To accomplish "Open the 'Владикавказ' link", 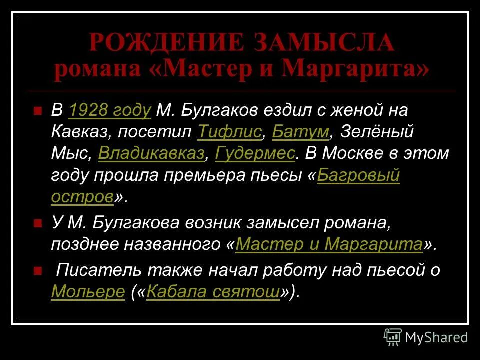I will tap(151, 154).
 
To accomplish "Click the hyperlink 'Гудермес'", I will tap(255, 154).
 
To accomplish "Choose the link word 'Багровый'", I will tap(358, 176).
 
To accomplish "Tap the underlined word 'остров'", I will tap(82, 197).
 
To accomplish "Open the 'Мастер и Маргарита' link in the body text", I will tap(329, 245).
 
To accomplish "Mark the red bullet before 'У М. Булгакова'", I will tap(37, 224).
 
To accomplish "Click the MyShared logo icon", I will tap(393, 337).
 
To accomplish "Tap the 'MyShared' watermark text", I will tap(436, 338).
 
